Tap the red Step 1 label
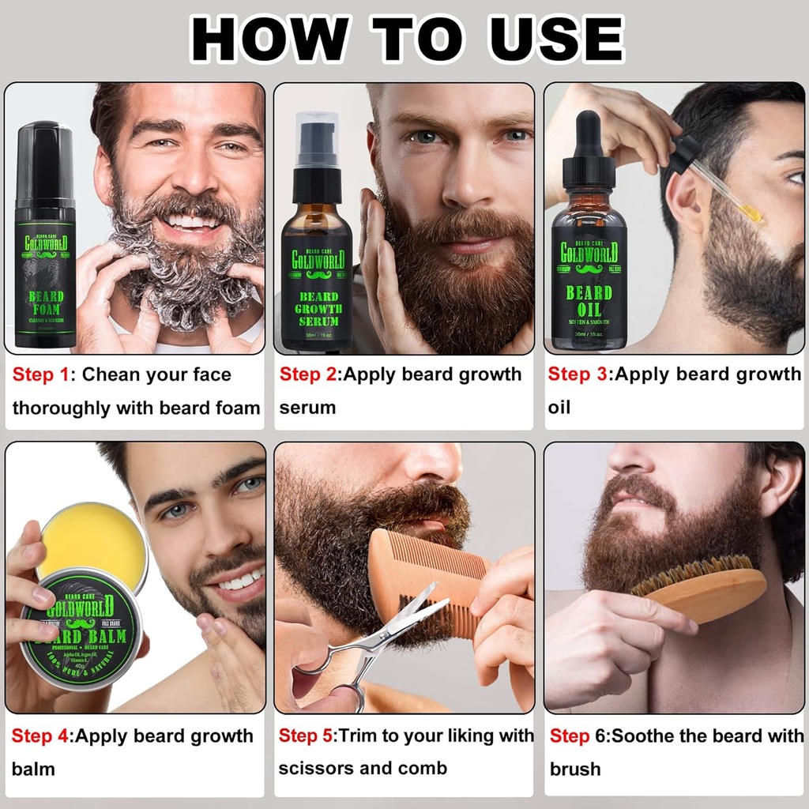[40, 374]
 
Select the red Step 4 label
[40, 736]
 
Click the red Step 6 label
[570, 736]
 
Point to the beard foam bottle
[46, 237]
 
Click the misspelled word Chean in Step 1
[117, 374]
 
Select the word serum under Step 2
[307, 408]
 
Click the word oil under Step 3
[559, 408]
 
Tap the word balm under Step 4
[33, 769]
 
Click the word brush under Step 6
[574, 769]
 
